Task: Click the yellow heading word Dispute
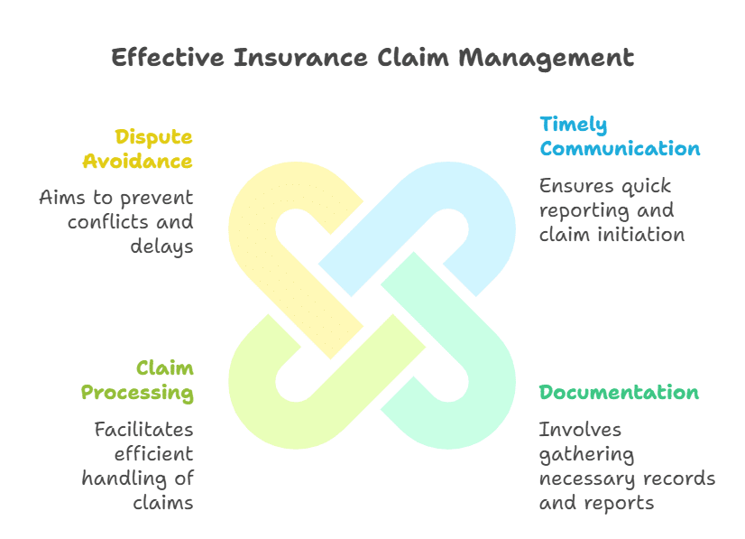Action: pos(153,137)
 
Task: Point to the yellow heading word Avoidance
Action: pos(138,162)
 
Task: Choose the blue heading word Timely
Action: pos(573,125)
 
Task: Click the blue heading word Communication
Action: pos(620,149)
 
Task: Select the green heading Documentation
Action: pos(619,393)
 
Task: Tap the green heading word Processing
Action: pos(138,393)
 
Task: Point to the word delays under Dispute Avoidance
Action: pos(164,246)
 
